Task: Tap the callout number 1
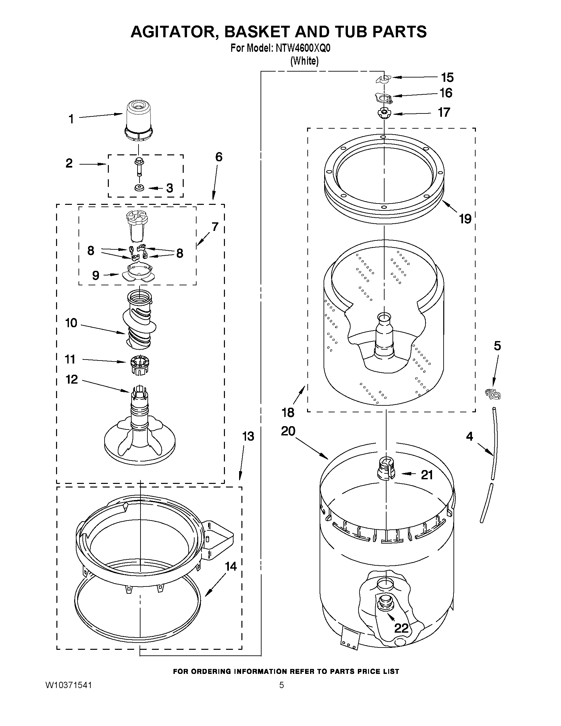point(71,119)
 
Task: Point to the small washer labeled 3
point(139,188)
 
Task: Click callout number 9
point(95,275)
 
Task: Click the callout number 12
point(72,379)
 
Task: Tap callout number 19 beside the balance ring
point(465,219)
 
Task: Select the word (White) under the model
point(304,61)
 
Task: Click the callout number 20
point(288,431)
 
